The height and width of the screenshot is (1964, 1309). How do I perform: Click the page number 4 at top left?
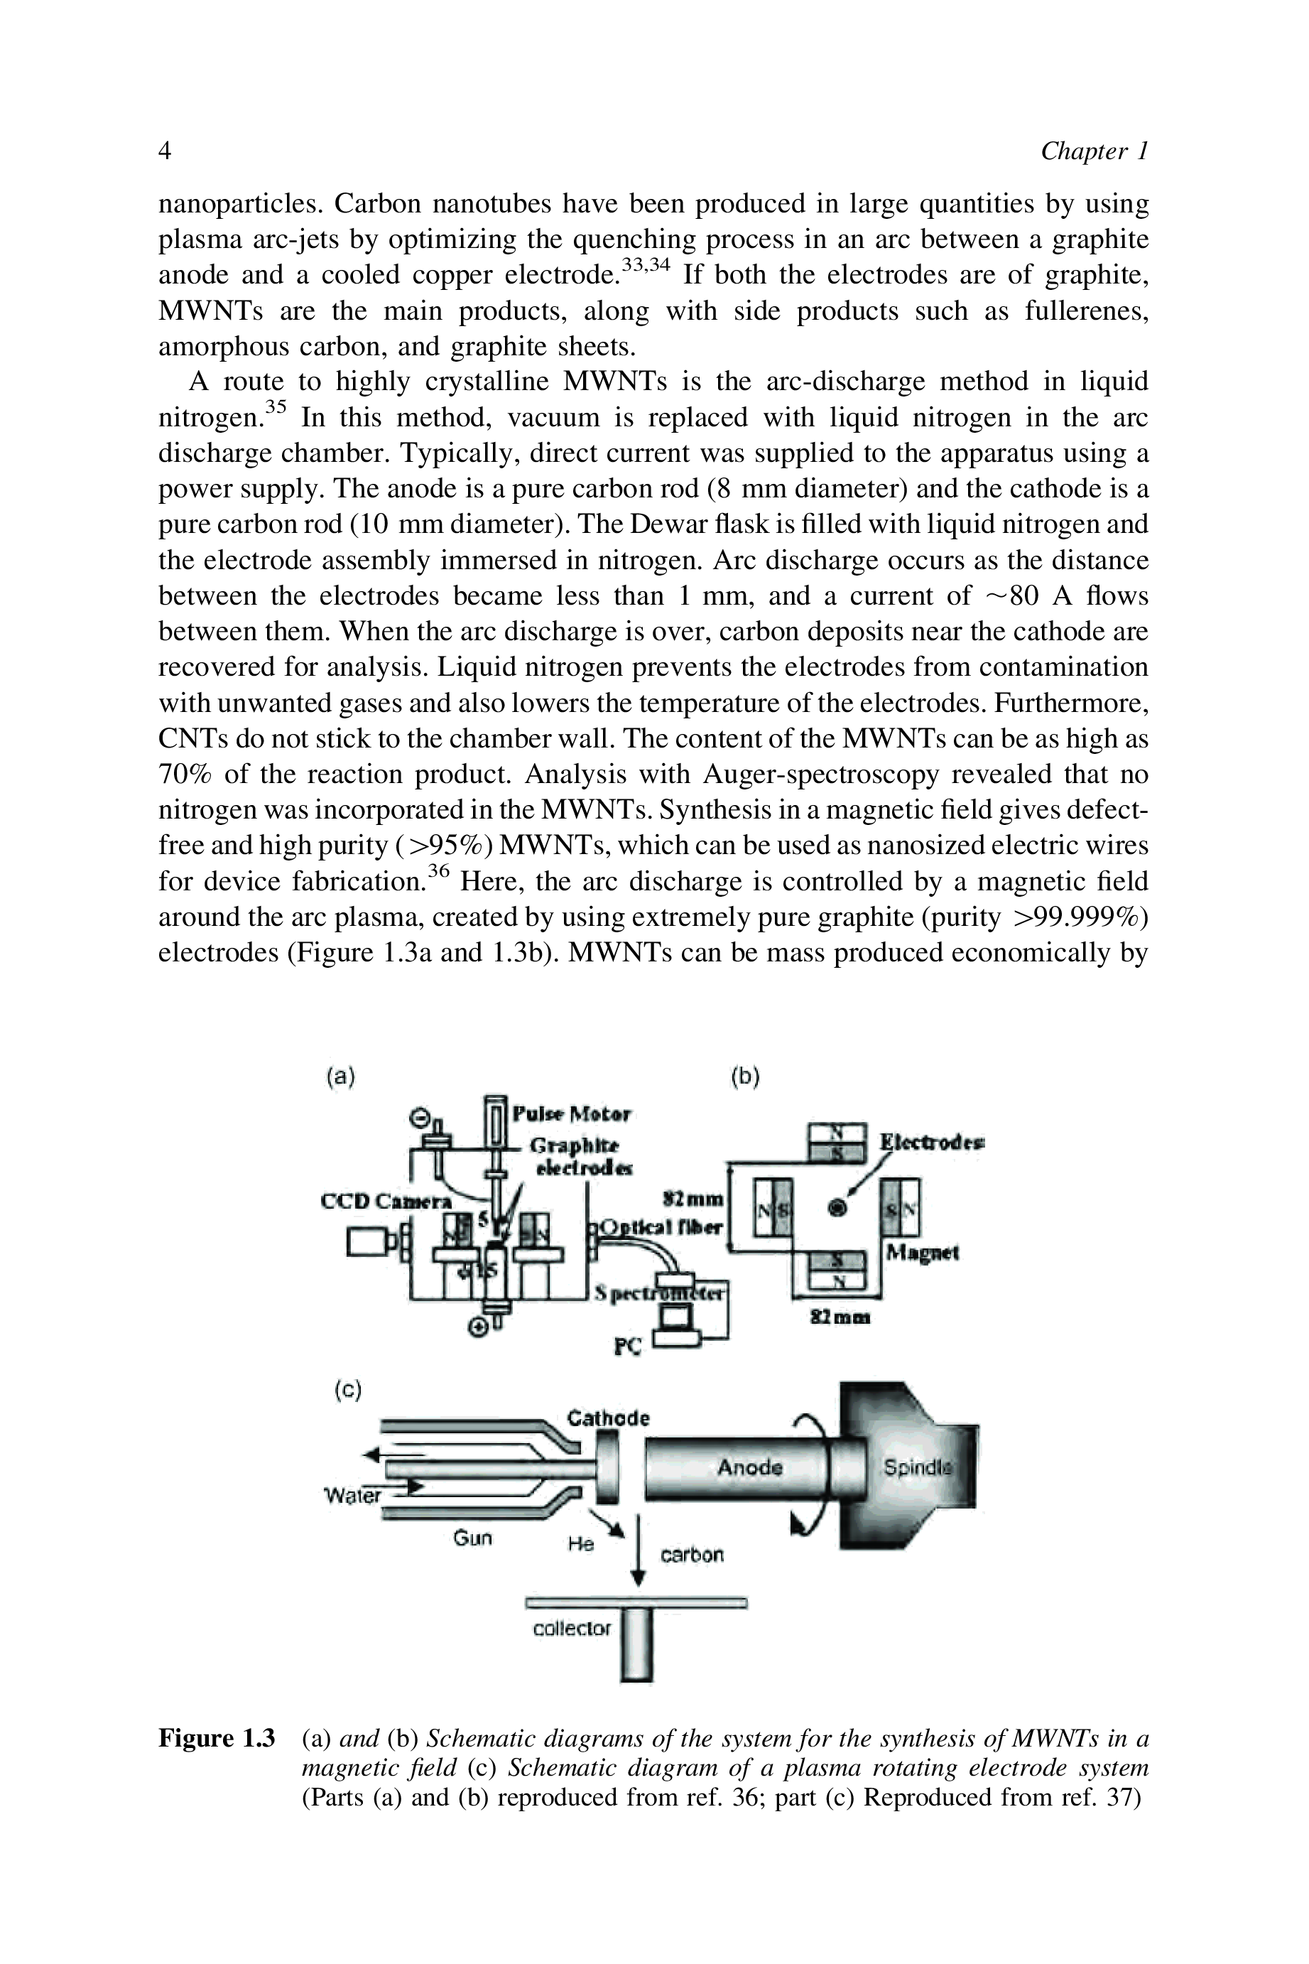pyautogui.click(x=165, y=151)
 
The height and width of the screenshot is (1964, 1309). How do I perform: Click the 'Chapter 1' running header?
pyautogui.click(x=1094, y=151)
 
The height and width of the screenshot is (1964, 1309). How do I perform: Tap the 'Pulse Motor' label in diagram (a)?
pyautogui.click(x=572, y=1114)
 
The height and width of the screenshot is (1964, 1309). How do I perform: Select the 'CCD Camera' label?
pyautogui.click(x=386, y=1202)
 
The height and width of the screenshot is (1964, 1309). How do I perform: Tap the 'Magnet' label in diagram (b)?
pyautogui.click(x=923, y=1253)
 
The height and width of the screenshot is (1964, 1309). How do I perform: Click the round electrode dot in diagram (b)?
pyautogui.click(x=837, y=1207)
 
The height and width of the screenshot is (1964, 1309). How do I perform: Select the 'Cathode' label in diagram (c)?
pyautogui.click(x=608, y=1418)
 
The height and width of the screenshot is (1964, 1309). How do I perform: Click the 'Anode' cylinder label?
pyautogui.click(x=749, y=1467)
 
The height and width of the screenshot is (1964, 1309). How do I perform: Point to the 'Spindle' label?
pyautogui.click(x=917, y=1467)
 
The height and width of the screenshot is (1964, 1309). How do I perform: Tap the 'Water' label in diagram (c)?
pyautogui.click(x=352, y=1495)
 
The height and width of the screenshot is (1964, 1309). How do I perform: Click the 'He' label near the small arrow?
pyautogui.click(x=580, y=1544)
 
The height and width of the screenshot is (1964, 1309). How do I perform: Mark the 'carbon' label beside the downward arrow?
pyautogui.click(x=692, y=1554)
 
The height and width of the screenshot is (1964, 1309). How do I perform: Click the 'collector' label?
pyautogui.click(x=572, y=1627)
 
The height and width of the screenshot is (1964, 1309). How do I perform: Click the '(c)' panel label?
pyautogui.click(x=347, y=1391)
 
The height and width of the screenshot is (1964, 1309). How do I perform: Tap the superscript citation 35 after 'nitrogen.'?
pyautogui.click(x=276, y=407)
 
